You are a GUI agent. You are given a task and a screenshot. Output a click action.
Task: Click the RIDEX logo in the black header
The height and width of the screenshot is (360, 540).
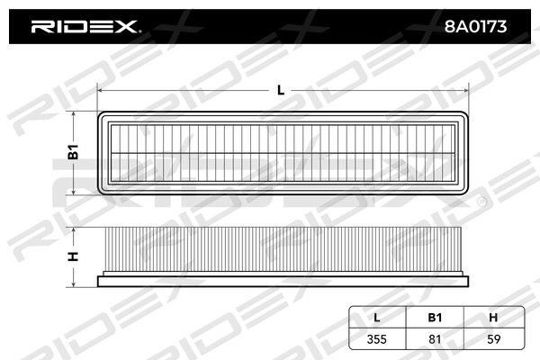[x=85, y=26]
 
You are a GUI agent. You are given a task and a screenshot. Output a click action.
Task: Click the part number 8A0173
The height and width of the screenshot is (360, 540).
[x=475, y=26]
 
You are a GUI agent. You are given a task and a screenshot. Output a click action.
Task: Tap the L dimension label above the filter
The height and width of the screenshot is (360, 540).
[x=281, y=90]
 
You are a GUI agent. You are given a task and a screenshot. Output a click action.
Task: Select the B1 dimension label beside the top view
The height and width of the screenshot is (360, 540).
[x=73, y=152]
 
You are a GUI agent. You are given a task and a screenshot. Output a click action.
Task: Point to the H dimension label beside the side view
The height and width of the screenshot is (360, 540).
[x=73, y=256]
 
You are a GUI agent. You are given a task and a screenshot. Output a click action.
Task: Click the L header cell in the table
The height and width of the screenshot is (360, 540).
[x=377, y=318]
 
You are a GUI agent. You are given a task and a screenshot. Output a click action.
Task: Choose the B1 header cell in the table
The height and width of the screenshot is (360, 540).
[x=435, y=318]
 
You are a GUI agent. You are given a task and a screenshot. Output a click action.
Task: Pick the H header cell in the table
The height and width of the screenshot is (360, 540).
[x=493, y=318]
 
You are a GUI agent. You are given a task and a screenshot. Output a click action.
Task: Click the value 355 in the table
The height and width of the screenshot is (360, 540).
[x=377, y=339]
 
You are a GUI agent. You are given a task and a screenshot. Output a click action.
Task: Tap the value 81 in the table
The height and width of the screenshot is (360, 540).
[x=435, y=339]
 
